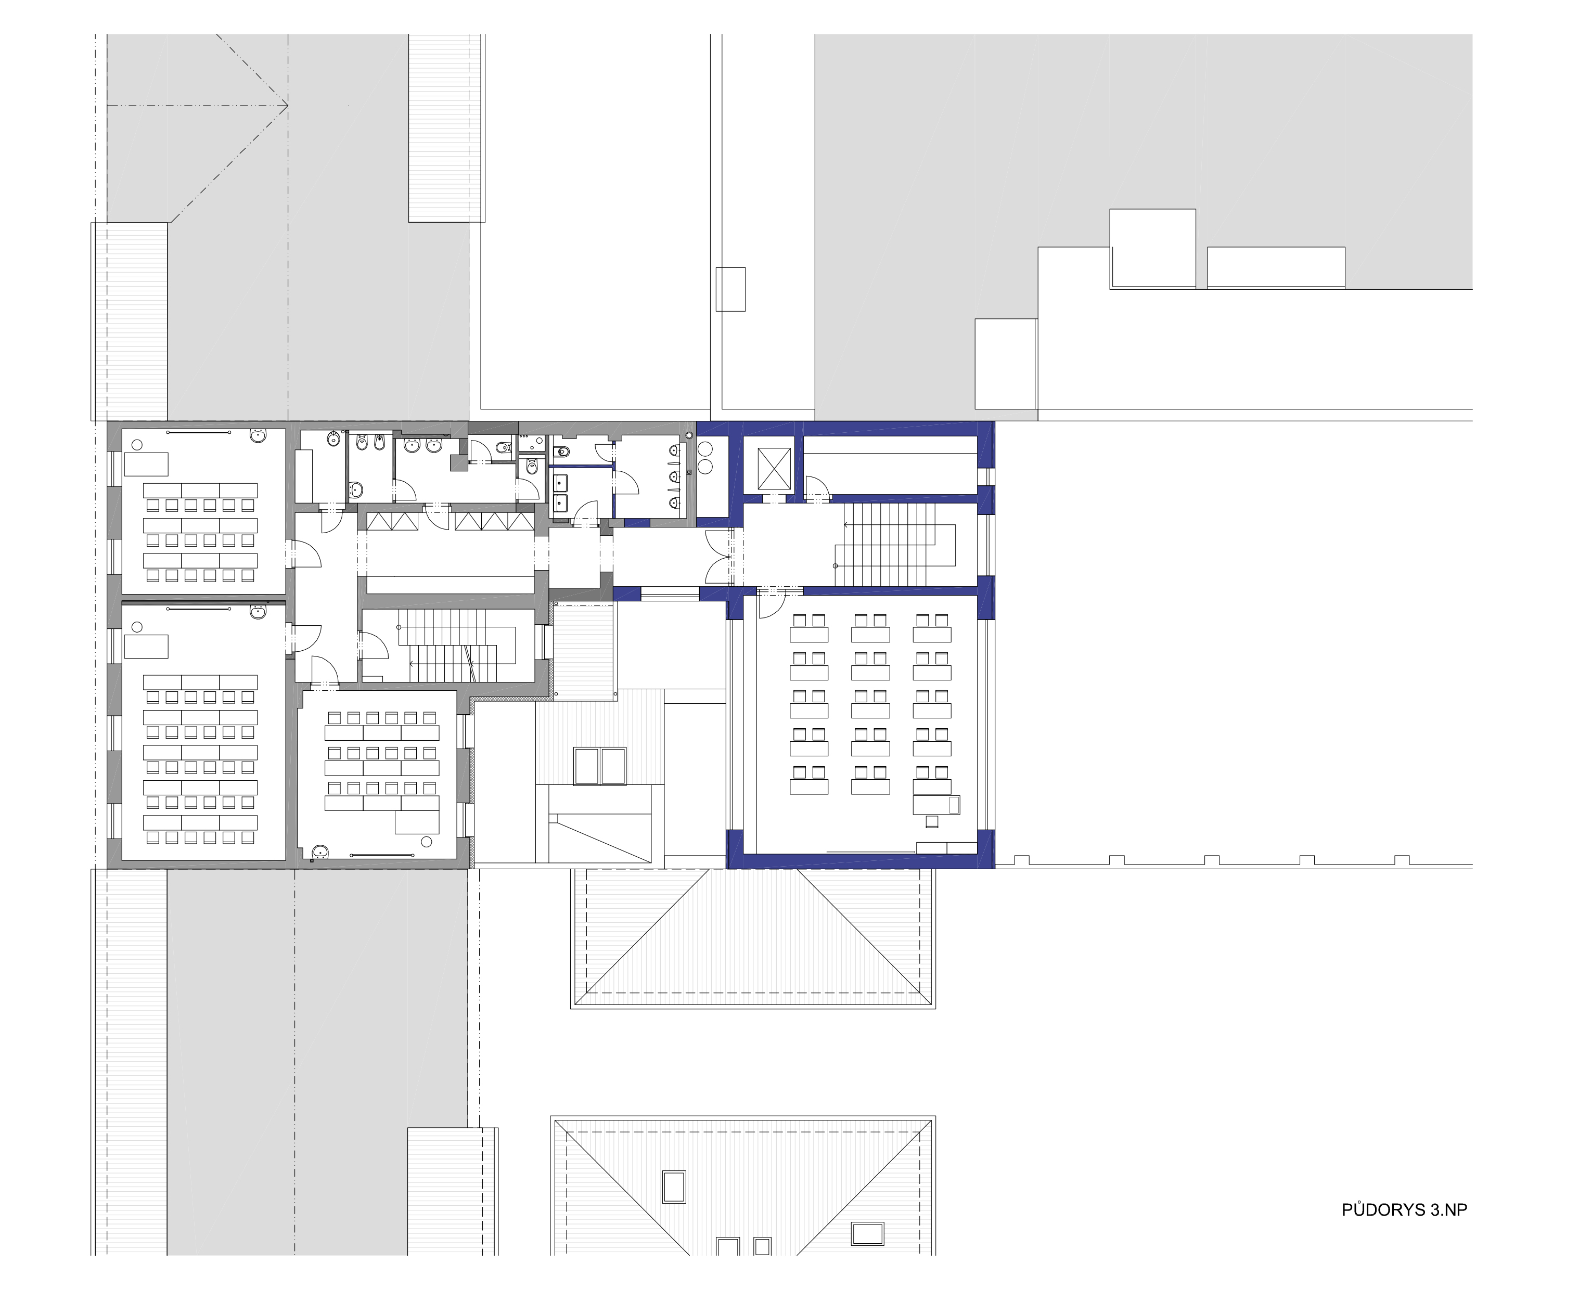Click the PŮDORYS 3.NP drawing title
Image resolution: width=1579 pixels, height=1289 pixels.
point(1404,1230)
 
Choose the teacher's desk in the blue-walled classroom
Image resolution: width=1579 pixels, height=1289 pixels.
point(936,804)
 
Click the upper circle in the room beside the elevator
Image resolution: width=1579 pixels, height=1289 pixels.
point(705,448)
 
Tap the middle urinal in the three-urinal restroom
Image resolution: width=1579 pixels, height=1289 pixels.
point(674,475)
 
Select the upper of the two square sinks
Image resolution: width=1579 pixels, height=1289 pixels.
point(560,481)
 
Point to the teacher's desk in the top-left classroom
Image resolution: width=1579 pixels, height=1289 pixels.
point(146,464)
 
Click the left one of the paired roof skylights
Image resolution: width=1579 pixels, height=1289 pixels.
point(587,766)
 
